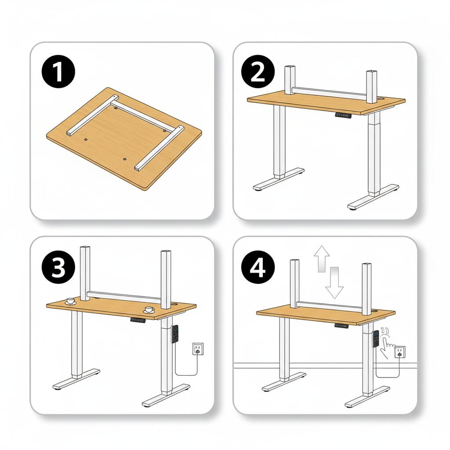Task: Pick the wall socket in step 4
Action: pos(400,352)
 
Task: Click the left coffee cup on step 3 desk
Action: pos(70,301)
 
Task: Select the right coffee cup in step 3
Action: pos(149,310)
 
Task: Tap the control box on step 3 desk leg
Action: pos(175,334)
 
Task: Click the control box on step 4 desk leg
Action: pos(376,339)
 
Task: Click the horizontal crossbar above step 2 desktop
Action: pos(330,91)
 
